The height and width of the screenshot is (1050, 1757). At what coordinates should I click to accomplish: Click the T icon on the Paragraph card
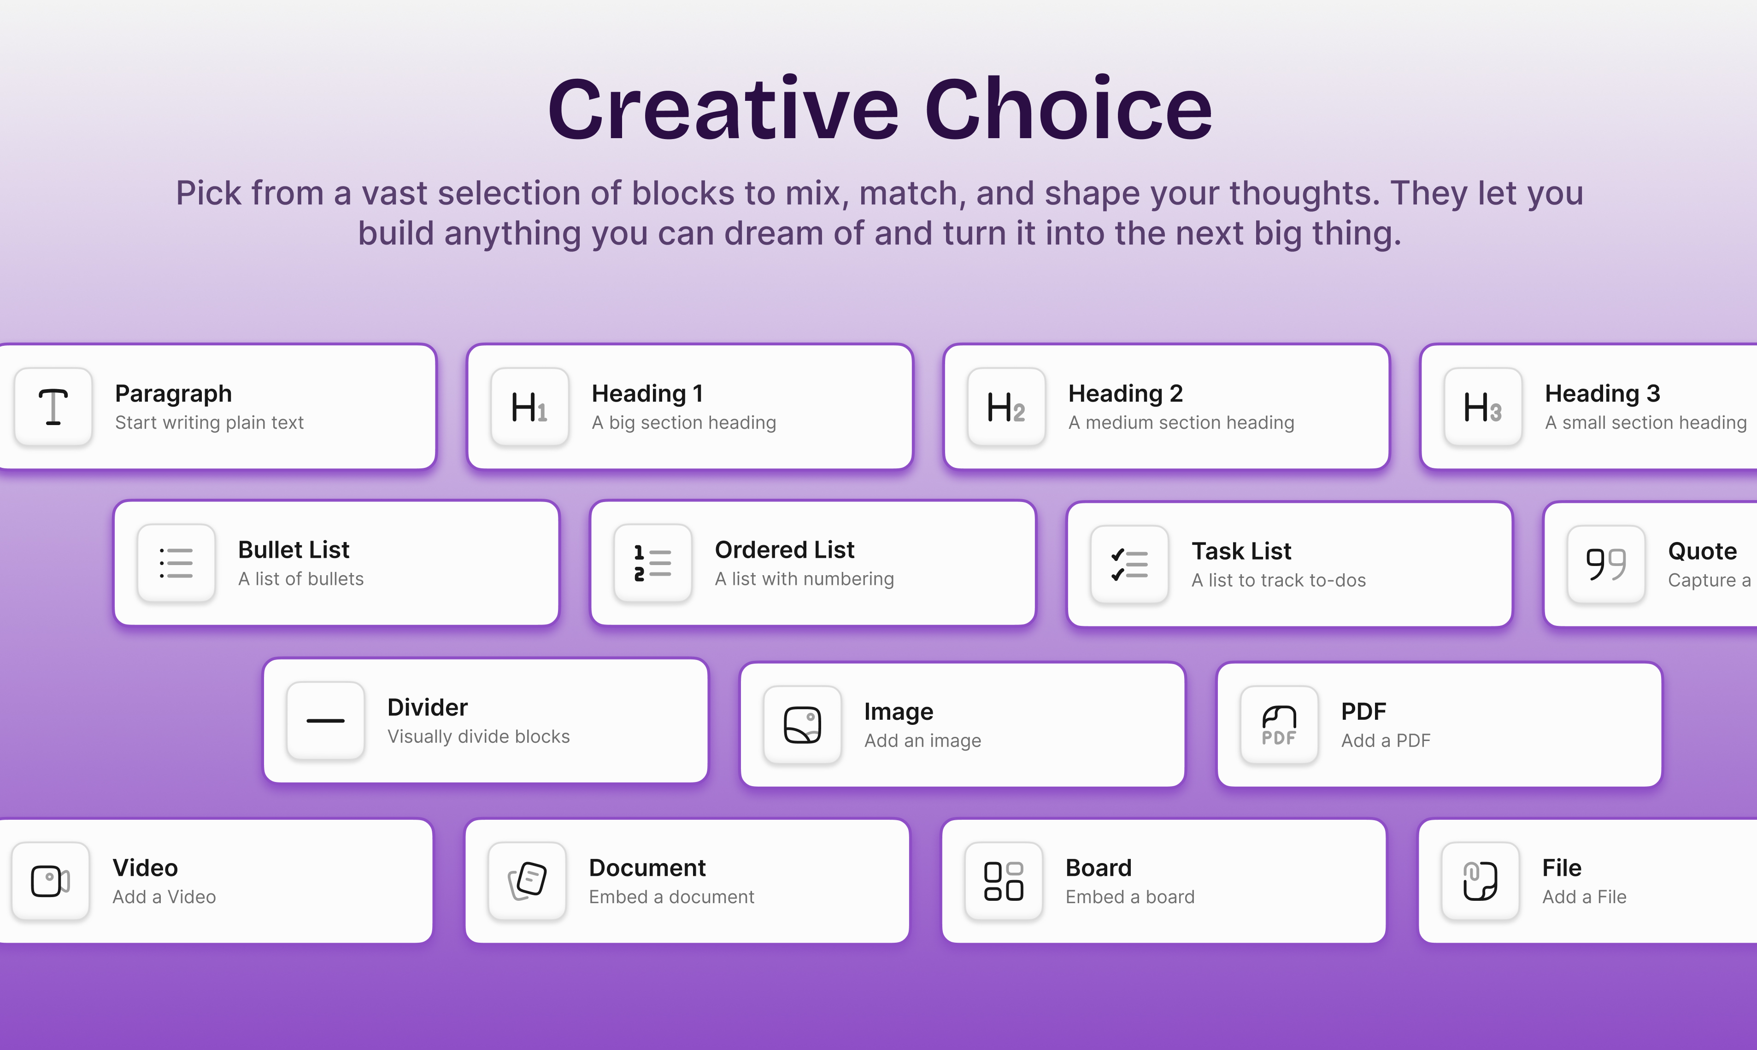(x=53, y=407)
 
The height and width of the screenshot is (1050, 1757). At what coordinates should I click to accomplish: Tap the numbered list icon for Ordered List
(x=652, y=563)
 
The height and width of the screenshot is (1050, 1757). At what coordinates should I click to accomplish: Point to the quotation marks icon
(x=1605, y=565)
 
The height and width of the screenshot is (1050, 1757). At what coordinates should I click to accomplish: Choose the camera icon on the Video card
(x=50, y=881)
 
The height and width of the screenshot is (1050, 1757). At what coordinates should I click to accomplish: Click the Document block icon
(x=528, y=881)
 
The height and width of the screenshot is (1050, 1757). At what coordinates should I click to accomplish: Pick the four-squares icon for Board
(x=1004, y=881)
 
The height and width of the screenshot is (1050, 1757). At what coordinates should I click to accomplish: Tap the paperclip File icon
(x=1480, y=881)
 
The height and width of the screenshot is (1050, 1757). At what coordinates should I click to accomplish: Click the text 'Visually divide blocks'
(x=479, y=736)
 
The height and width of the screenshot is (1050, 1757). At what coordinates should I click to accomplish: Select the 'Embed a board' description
(x=1130, y=897)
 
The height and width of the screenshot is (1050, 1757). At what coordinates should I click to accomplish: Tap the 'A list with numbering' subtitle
(x=804, y=579)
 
